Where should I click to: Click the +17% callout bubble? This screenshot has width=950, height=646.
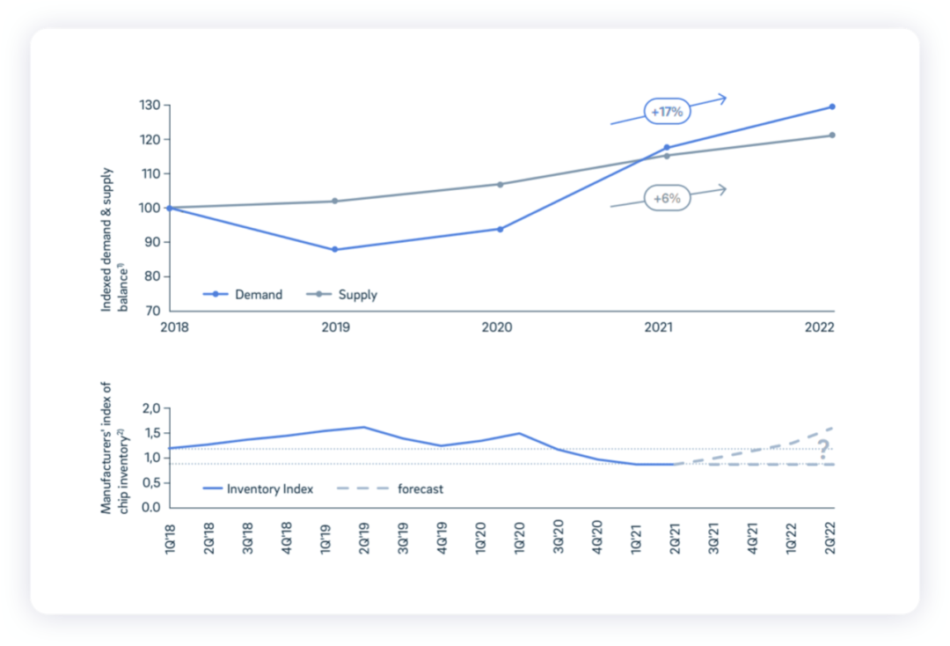pyautogui.click(x=667, y=113)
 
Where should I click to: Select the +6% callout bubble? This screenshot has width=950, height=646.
pyautogui.click(x=667, y=199)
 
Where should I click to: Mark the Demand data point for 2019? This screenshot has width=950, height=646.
pyautogui.click(x=335, y=250)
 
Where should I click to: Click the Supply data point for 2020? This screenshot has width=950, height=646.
pyautogui.click(x=501, y=184)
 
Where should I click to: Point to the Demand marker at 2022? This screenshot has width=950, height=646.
pyautogui.click(x=831, y=107)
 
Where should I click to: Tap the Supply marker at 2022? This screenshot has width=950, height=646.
pyautogui.click(x=831, y=136)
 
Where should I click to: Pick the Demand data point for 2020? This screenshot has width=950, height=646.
pyautogui.click(x=501, y=229)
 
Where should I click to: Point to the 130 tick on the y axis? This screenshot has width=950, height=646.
pyautogui.click(x=149, y=106)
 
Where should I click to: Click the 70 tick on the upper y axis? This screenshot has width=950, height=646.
pyautogui.click(x=152, y=311)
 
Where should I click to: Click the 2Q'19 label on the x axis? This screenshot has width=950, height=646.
pyautogui.click(x=363, y=536)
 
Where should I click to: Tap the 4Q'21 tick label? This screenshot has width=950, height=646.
pyautogui.click(x=753, y=536)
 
